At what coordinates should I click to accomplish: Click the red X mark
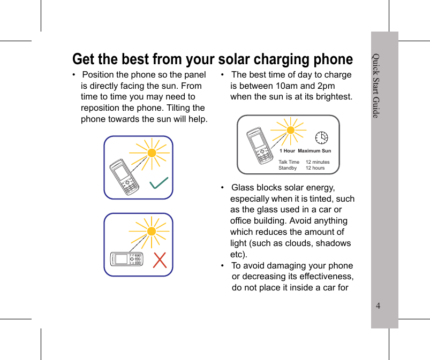tap(160, 261)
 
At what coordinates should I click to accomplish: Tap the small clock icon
tap(321, 137)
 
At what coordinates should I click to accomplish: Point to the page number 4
tap(378, 305)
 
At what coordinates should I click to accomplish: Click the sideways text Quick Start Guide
tap(376, 86)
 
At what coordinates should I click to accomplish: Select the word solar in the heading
tap(234, 59)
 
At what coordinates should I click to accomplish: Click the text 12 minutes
tap(318, 162)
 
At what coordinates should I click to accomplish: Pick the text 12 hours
tap(315, 168)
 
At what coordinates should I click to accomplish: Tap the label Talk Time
tap(289, 162)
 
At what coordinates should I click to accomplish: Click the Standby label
tap(288, 168)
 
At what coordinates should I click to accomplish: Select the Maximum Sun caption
tap(314, 151)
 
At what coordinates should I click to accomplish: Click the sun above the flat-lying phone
tap(152, 232)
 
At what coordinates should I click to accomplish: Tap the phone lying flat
tap(126, 259)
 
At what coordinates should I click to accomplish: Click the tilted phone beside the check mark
tap(124, 177)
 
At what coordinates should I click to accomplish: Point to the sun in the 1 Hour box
tap(290, 131)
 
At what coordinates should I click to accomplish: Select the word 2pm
tap(326, 86)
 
